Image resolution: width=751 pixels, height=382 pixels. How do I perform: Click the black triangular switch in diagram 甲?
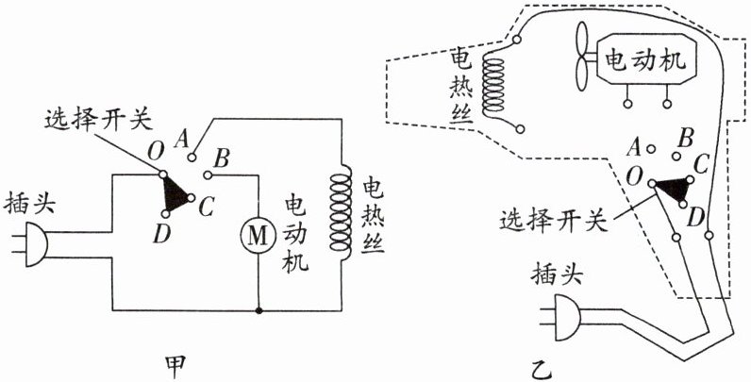pos(175,194)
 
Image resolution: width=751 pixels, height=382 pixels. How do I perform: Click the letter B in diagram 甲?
pos(223,156)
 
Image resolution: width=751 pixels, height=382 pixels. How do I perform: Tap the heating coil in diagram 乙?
pos(493,84)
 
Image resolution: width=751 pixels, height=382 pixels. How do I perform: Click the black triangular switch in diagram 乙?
pos(671,188)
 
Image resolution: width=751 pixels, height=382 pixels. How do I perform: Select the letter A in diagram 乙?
pos(634,146)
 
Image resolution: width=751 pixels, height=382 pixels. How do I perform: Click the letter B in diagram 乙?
pos(687,137)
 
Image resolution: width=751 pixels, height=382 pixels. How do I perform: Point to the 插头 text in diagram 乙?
pos(561,274)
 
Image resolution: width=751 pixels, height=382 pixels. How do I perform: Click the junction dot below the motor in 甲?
pos(258,307)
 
